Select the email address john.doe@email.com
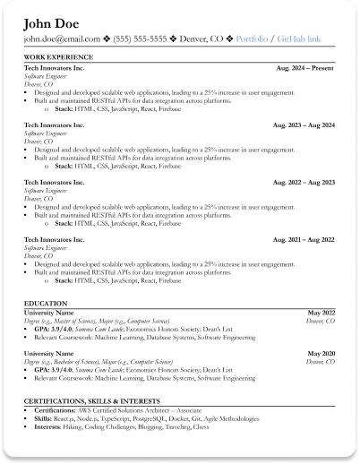(x=62, y=39)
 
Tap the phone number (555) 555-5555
(x=140, y=39)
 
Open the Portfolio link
(x=253, y=39)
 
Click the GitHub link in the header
(x=303, y=39)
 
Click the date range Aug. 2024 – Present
(x=305, y=66)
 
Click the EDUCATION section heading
(x=45, y=304)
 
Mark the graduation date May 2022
(x=320, y=313)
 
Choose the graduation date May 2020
(x=320, y=354)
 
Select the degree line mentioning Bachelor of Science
(x=96, y=362)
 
